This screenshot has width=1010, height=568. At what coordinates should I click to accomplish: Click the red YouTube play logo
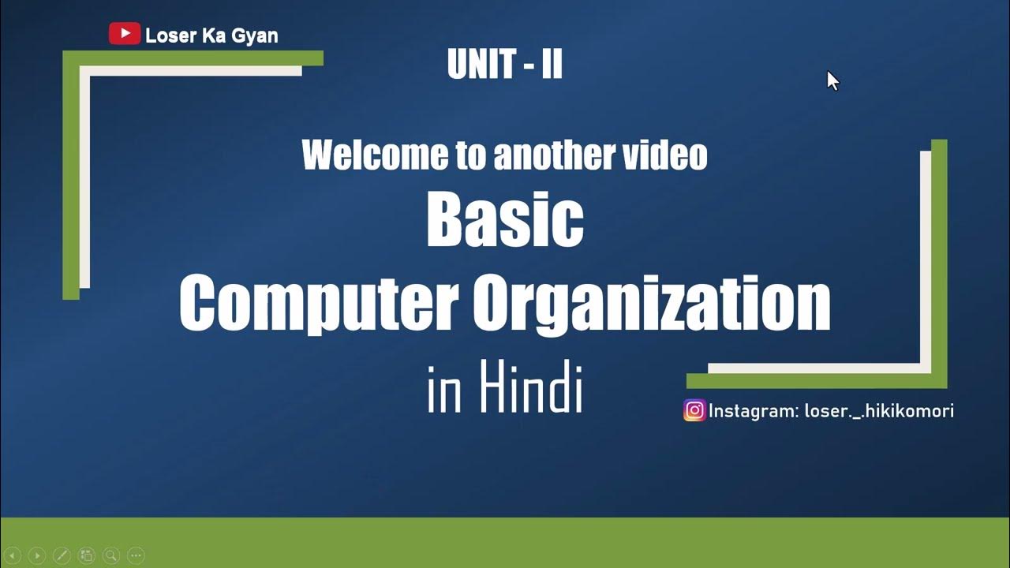(124, 34)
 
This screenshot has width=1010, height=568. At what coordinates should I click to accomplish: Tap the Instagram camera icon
(694, 410)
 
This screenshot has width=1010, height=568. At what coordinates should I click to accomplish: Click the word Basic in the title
(505, 220)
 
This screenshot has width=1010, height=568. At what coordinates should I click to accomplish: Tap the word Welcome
(376, 155)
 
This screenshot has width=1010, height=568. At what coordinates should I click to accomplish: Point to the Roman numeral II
(552, 65)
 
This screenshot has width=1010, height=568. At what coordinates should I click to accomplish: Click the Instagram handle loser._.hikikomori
(878, 411)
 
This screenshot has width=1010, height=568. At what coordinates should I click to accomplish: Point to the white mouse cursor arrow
(832, 80)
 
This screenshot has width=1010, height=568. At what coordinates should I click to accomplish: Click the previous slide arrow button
(13, 555)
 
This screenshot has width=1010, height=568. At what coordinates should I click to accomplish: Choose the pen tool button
(62, 555)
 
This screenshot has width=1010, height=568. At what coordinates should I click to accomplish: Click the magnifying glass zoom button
(111, 555)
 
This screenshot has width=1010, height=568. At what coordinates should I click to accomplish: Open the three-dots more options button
(136, 555)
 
